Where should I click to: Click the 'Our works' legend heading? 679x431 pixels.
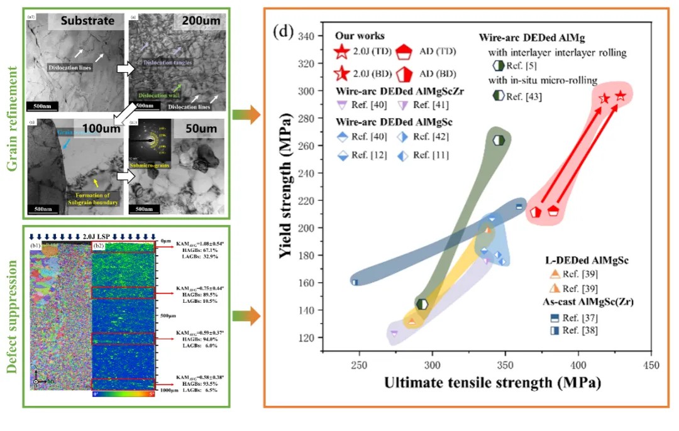click(360, 36)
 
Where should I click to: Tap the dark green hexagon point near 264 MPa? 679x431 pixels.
click(499, 140)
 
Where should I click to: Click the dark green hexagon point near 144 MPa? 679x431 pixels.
click(422, 304)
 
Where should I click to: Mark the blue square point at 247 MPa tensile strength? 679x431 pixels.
click(355, 282)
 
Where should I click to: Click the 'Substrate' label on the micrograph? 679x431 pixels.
click(87, 21)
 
